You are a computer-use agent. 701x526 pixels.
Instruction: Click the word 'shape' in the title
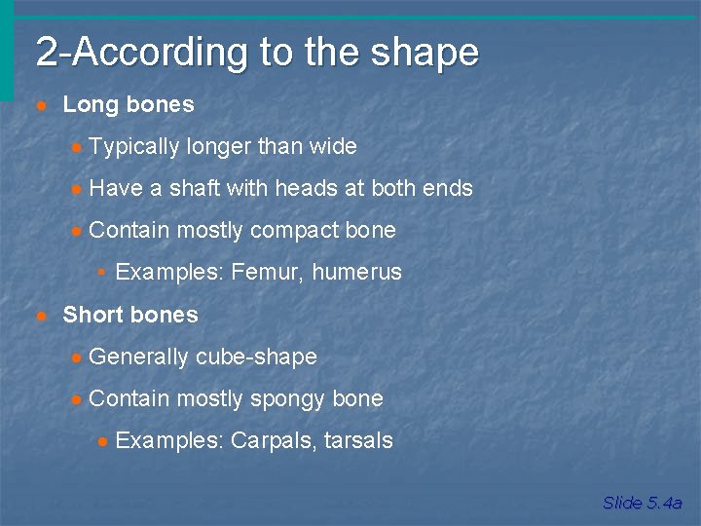[x=434, y=53]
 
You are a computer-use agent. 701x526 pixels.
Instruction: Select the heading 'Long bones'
[x=129, y=104]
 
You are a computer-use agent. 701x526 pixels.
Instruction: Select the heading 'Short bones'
[x=130, y=315]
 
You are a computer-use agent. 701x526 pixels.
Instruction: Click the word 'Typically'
[x=133, y=147]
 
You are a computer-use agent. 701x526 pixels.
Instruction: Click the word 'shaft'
[x=195, y=189]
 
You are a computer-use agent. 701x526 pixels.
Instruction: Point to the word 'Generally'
[x=139, y=357]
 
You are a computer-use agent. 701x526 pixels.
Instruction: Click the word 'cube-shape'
[x=256, y=357]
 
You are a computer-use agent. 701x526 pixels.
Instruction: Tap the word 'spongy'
[x=287, y=399]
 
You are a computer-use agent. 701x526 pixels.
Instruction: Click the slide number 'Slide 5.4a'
[x=642, y=503]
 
